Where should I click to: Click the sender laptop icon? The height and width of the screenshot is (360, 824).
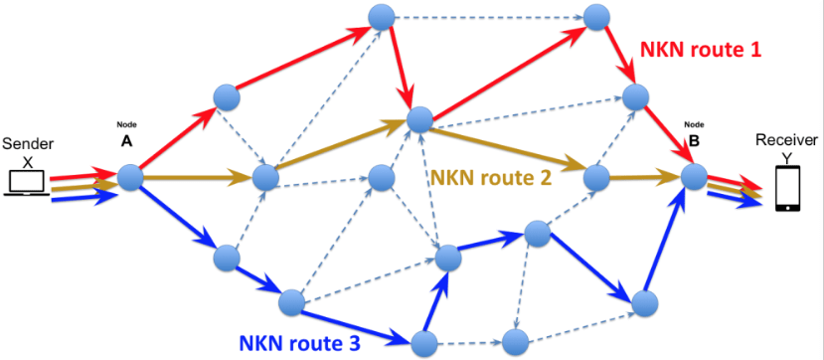24,183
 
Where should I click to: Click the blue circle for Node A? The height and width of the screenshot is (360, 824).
131,178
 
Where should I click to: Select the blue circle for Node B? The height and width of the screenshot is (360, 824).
694,176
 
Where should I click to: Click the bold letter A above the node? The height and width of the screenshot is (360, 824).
126,142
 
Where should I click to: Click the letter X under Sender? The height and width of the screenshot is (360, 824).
28,159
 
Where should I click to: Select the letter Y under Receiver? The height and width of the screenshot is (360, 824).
785,155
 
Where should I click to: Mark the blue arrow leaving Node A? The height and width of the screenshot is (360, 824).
179,216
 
